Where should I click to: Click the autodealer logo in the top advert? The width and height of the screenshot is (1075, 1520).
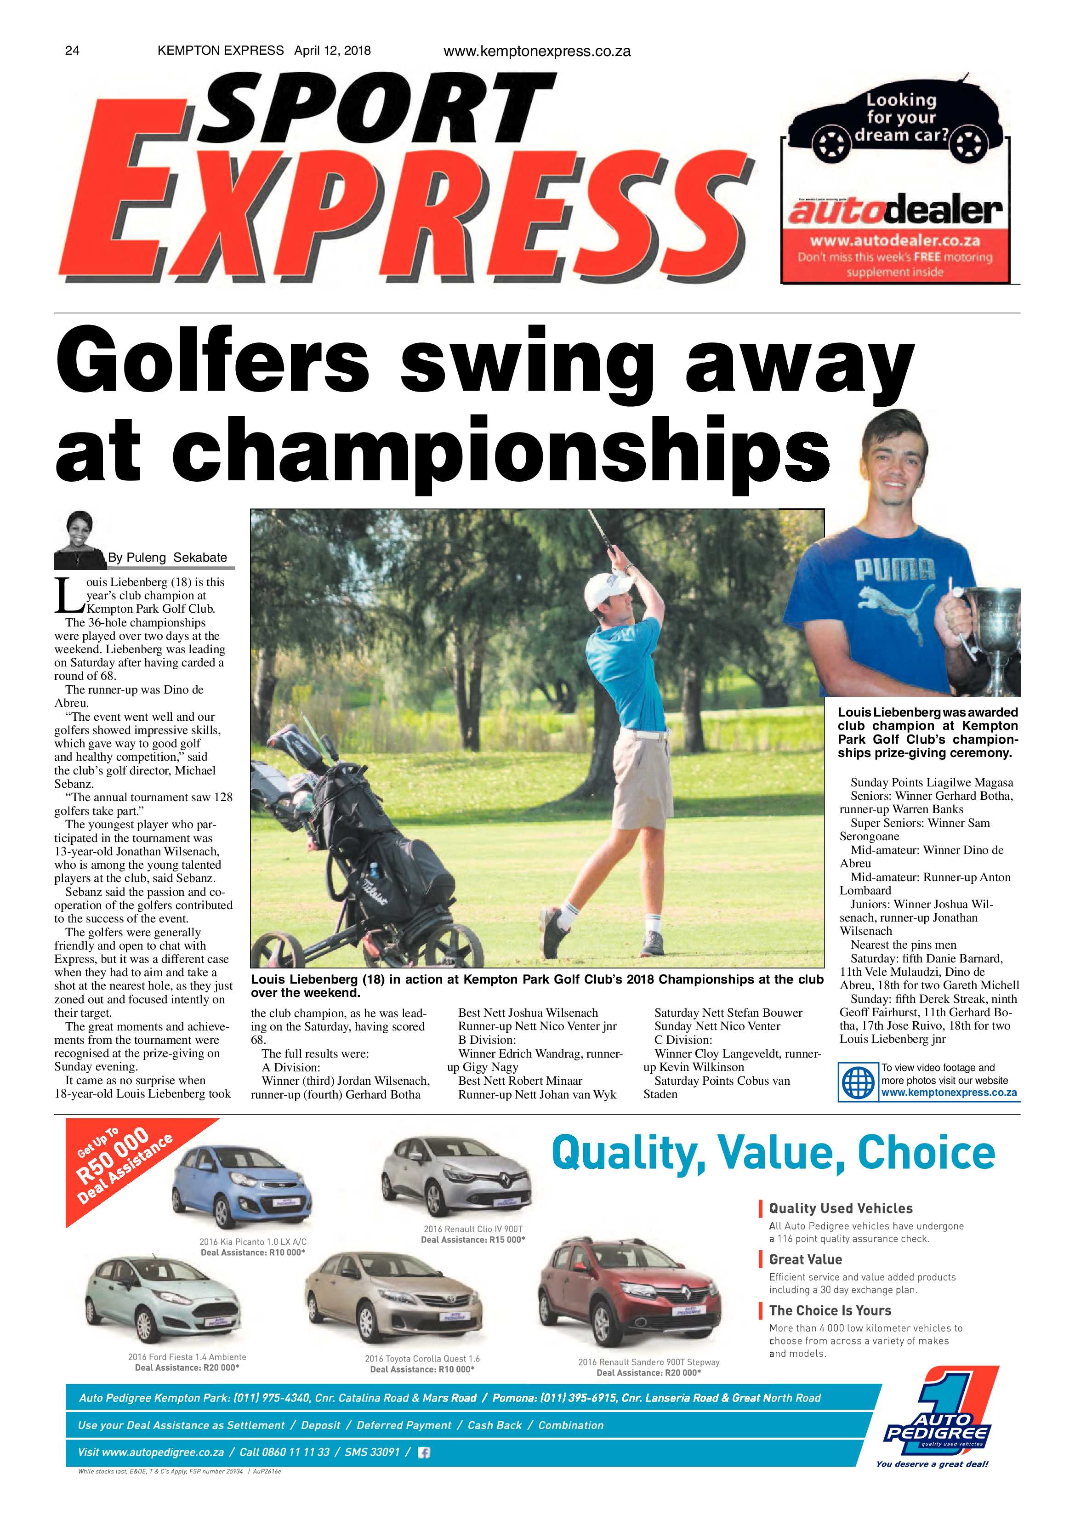click(x=895, y=211)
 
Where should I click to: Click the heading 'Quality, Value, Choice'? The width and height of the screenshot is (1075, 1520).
click(x=773, y=1153)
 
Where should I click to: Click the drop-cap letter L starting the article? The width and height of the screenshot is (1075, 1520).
click(x=66, y=595)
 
